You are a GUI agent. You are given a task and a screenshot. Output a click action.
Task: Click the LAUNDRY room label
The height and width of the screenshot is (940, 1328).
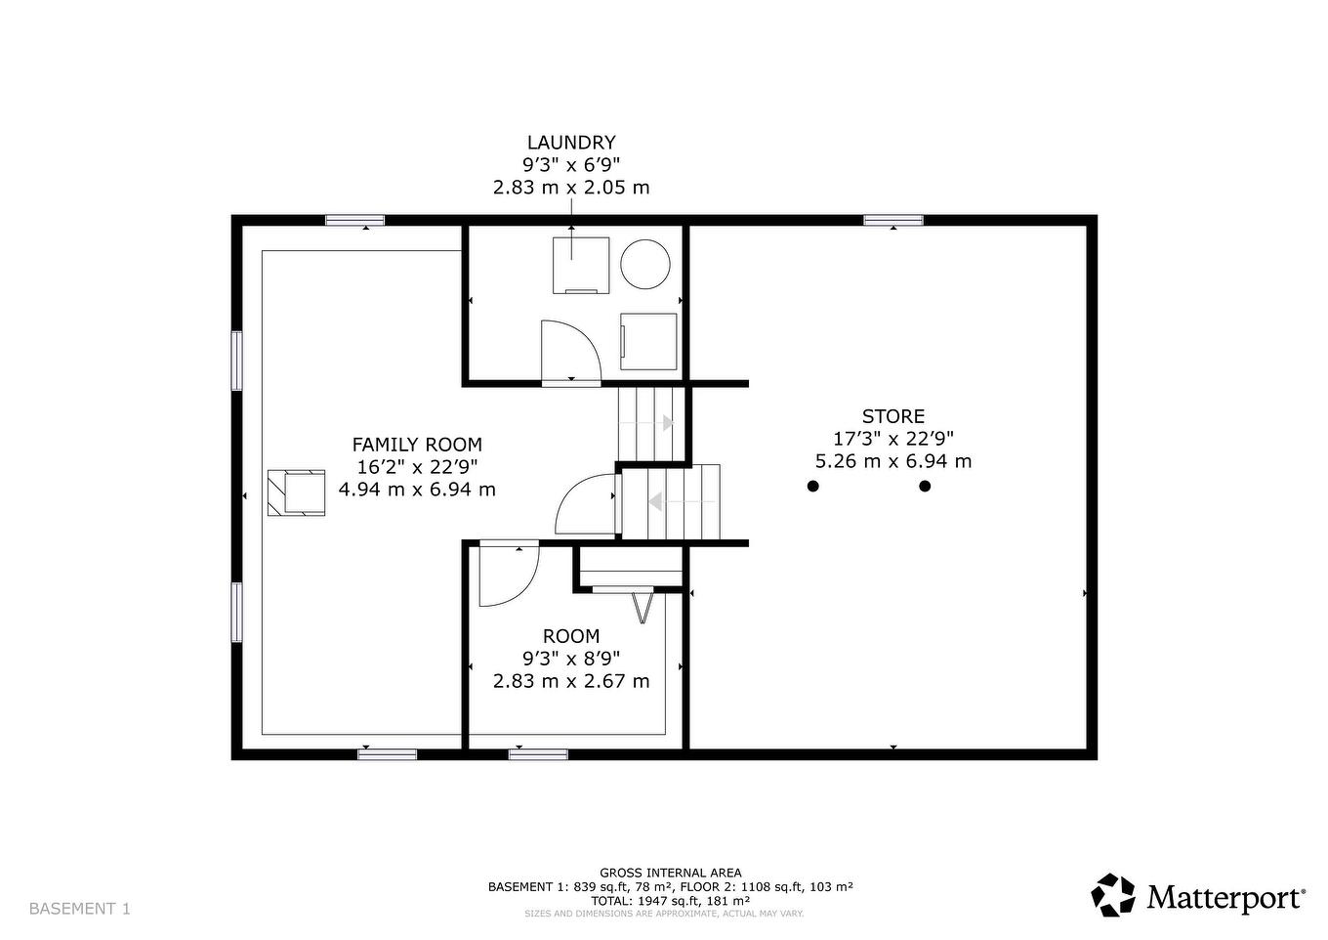(571, 143)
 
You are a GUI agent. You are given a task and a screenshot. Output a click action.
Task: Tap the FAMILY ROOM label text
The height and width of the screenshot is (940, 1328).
(417, 445)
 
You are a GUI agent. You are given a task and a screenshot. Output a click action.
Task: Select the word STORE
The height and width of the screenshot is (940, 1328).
(893, 416)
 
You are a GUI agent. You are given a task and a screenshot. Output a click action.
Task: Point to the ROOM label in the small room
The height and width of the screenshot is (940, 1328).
(571, 636)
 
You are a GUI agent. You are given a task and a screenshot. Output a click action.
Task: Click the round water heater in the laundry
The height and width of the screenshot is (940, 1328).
(645, 264)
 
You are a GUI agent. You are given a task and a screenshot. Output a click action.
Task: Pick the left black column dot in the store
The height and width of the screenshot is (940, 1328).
(812, 486)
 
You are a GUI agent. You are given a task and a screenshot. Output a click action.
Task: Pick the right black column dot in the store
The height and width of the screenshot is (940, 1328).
(925, 486)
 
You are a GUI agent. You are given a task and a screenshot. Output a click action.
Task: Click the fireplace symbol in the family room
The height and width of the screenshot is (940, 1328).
(297, 492)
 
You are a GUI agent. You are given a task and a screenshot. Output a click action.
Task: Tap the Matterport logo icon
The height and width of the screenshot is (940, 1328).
(1113, 895)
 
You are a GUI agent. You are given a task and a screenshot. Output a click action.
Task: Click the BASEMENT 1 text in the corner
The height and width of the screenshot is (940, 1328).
(79, 909)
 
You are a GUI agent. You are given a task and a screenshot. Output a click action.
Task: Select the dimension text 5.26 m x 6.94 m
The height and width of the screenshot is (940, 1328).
(893, 461)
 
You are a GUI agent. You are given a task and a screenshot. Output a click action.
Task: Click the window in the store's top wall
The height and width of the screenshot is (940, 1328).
(892, 220)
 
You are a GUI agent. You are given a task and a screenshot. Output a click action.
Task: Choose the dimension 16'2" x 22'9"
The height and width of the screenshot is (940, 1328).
(417, 467)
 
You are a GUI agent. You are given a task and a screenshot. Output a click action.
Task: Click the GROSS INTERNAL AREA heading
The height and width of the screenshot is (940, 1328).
(671, 873)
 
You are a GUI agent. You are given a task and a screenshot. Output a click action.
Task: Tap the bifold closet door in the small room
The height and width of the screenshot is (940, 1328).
(643, 607)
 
